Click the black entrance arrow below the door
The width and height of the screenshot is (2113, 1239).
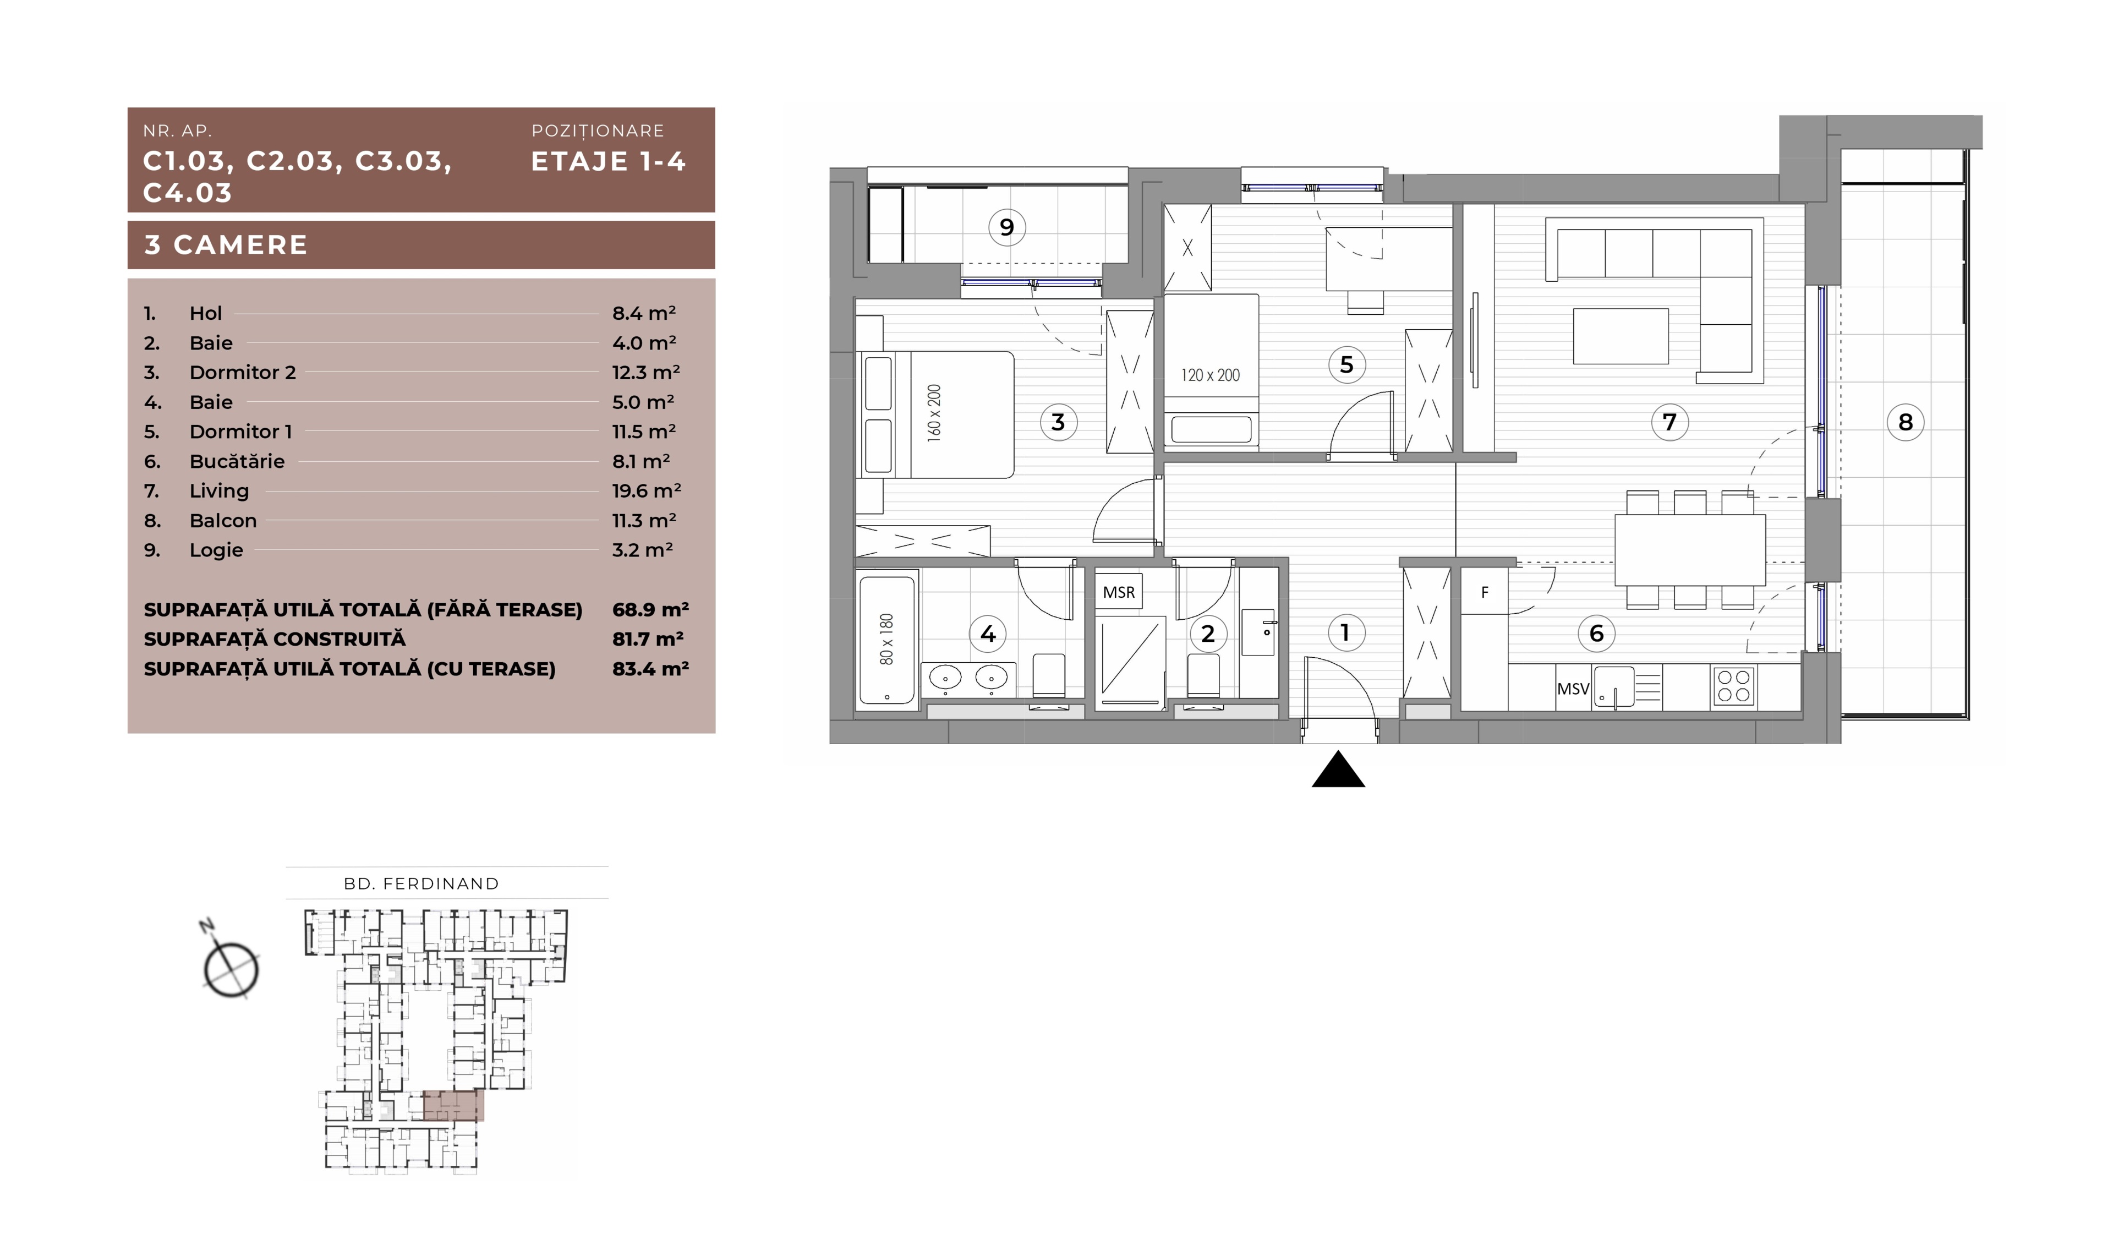click(1338, 769)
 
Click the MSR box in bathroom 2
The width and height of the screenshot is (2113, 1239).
click(1119, 592)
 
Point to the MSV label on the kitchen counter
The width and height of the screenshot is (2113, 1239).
click(1573, 689)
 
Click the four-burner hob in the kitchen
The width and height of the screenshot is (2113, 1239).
click(1733, 686)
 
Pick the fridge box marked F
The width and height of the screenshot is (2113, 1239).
click(1484, 592)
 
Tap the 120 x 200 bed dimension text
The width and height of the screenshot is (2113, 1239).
click(1210, 375)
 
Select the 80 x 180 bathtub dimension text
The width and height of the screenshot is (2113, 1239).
click(886, 639)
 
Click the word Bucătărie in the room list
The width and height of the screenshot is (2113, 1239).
click(237, 461)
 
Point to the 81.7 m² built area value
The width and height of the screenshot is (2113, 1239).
click(647, 639)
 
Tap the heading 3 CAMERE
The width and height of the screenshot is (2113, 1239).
click(226, 245)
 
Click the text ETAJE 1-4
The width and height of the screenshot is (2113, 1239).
click(609, 161)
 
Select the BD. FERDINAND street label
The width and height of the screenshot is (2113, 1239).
click(421, 883)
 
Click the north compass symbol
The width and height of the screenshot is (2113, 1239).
click(230, 967)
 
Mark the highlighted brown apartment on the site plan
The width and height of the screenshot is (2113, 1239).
click(453, 1106)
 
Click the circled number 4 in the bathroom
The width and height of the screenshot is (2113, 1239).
click(988, 634)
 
